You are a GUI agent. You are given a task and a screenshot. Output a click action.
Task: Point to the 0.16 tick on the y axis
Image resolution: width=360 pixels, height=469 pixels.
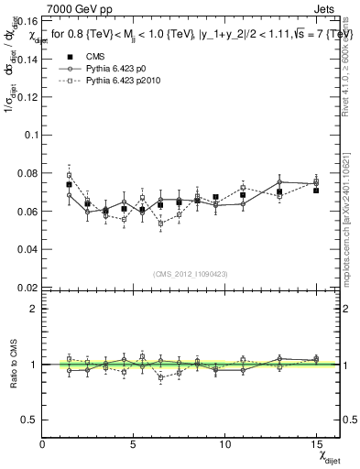26,19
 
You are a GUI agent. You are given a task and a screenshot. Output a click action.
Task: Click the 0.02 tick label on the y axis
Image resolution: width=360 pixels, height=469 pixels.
26,288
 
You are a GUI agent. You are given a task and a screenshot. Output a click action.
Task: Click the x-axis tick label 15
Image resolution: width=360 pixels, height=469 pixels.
316,445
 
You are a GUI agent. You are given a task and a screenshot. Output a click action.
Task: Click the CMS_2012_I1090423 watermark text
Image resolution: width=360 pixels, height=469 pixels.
190,273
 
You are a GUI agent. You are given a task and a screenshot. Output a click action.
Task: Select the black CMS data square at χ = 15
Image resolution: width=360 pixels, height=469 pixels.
316,191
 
